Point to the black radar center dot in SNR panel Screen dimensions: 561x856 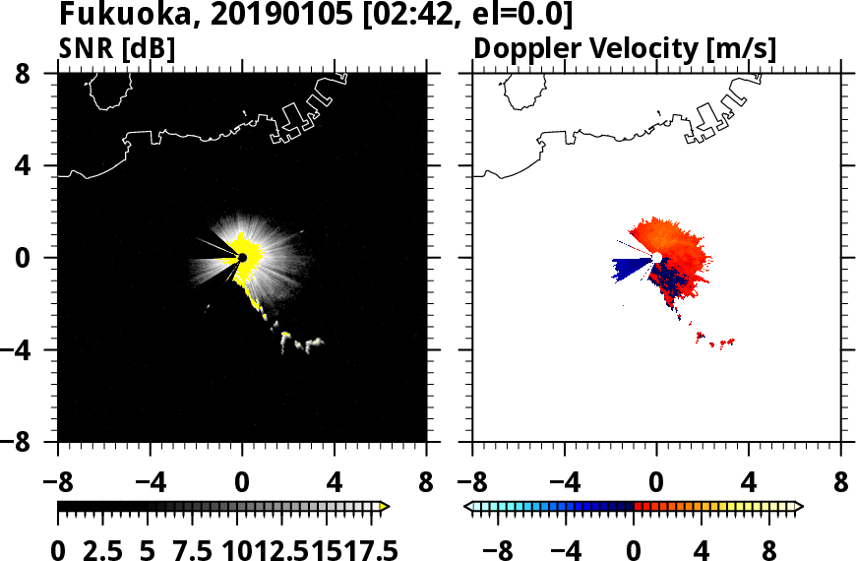click(241, 258)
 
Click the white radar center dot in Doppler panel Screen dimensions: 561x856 click(657, 258)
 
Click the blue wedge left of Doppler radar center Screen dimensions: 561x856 click(630, 267)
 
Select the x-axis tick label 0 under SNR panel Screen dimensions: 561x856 click(241, 484)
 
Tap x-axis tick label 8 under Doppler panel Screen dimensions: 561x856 click(841, 484)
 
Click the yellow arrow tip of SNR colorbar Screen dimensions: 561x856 click(384, 506)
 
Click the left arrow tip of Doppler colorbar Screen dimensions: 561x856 click(467, 506)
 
